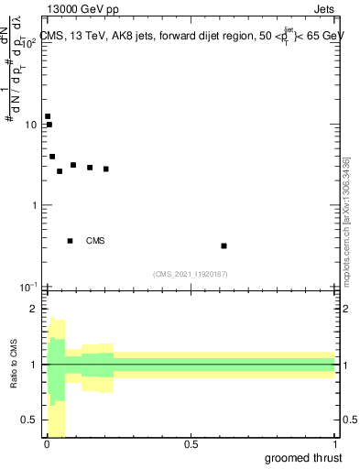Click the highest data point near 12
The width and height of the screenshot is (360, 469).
click(48, 116)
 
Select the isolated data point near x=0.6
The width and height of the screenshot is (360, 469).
click(224, 245)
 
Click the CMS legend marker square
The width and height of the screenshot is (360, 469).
click(71, 241)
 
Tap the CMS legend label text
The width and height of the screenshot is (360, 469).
click(95, 241)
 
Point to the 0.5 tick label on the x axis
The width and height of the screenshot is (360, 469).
click(191, 444)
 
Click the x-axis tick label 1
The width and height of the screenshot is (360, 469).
click(335, 444)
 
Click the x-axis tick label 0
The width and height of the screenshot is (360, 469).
click(47, 444)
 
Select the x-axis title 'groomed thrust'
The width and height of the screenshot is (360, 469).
click(303, 458)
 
